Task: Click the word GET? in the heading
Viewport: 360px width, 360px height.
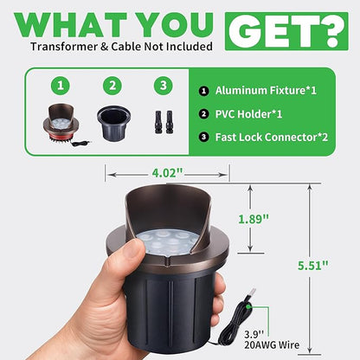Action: (x=286, y=31)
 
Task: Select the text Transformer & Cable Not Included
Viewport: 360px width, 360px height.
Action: (x=121, y=47)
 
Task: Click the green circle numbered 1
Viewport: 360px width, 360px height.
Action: (x=61, y=86)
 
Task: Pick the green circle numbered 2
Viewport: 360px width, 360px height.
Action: (x=112, y=86)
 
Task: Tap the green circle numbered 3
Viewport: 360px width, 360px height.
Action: (x=164, y=86)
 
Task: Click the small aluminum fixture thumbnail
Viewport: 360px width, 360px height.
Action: (x=65, y=125)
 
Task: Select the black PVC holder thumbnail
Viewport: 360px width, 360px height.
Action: (x=113, y=123)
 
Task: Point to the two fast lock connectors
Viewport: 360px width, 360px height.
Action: (x=164, y=122)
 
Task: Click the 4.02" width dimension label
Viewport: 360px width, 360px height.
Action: (x=167, y=173)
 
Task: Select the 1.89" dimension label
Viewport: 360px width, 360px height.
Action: (x=254, y=219)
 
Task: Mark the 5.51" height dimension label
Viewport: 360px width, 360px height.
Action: (x=312, y=266)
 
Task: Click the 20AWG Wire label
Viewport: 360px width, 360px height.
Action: (x=272, y=344)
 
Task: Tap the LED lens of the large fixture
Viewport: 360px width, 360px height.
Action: (x=167, y=241)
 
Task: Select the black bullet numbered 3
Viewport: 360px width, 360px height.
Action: (x=203, y=137)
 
